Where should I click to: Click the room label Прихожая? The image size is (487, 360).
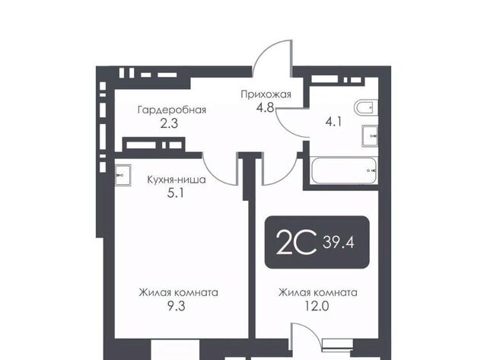pos(266,94)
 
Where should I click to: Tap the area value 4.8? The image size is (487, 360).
pos(265,108)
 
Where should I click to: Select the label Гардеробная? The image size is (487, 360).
pos(172,110)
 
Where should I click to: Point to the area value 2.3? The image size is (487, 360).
pos(169,123)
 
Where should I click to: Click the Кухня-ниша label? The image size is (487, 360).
pos(176,180)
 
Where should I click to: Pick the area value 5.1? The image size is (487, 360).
pos(176,193)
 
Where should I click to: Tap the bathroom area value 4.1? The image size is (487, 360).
pos(333,122)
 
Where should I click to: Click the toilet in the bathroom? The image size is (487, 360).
pos(366,108)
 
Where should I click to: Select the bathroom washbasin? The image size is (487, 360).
pos(371,136)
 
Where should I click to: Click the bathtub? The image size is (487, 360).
pos(344,171)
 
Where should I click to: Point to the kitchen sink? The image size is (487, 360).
pos(123,176)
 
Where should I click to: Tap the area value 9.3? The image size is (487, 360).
pos(176,306)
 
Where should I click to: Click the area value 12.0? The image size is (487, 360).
pos(317,306)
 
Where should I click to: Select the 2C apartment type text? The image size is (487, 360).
pos(296,242)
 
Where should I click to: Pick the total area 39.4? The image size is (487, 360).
pos(339,242)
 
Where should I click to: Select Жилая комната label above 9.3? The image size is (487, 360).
pos(178,292)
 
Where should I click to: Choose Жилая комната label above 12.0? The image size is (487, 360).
pos(318,292)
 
